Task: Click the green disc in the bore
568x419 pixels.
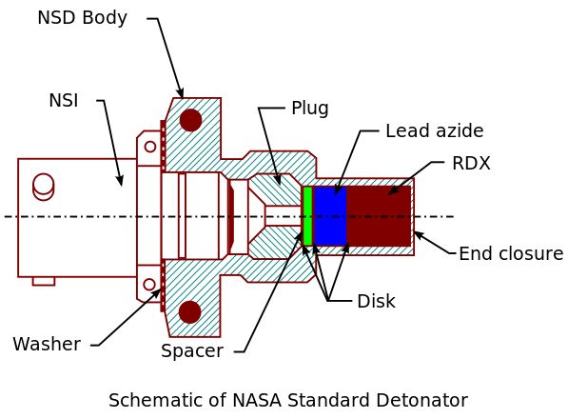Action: (x=307, y=216)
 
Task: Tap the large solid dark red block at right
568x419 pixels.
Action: (x=378, y=216)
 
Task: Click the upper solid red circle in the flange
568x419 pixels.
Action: (x=190, y=120)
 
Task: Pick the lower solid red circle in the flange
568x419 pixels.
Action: (x=190, y=311)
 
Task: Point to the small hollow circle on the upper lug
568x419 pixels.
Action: (x=150, y=147)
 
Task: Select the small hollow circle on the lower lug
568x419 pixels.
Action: (x=149, y=285)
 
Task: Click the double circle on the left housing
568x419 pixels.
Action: (x=44, y=186)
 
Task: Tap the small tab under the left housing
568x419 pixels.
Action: (x=44, y=281)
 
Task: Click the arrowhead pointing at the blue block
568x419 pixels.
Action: (x=338, y=190)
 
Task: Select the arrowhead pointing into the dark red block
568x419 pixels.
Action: (x=394, y=190)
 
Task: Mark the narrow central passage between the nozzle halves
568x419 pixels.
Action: (x=283, y=216)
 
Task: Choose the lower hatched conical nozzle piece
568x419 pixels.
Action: (x=274, y=242)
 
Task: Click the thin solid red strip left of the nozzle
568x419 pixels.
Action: (x=230, y=216)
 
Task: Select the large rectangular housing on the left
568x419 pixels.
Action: (x=76, y=217)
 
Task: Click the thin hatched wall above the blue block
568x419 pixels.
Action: (x=362, y=182)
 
